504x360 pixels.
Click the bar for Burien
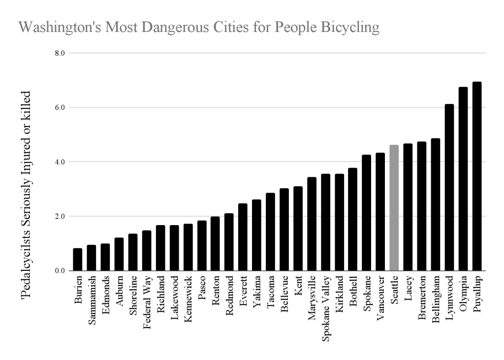point(77,260)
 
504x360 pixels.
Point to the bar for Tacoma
point(270,232)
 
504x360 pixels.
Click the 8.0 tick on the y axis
point(60,53)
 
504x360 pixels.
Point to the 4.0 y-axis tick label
point(60,162)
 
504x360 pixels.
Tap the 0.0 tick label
point(60,271)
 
